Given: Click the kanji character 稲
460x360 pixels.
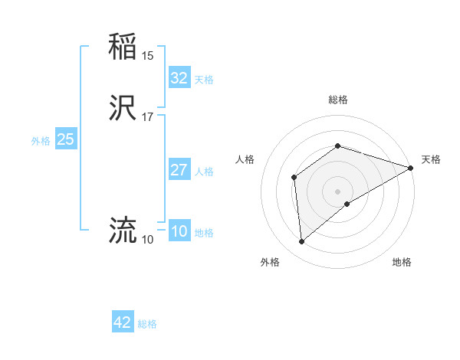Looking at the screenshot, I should (123, 46).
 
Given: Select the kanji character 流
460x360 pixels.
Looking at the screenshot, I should (123, 230).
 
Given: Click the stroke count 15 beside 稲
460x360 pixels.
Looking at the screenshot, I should (148, 55).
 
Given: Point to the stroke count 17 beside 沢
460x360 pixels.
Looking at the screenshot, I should (148, 117).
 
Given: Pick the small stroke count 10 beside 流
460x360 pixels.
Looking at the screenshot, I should (148, 240).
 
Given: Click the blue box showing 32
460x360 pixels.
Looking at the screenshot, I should (179, 78).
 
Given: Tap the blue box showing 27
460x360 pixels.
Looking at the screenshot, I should (179, 170).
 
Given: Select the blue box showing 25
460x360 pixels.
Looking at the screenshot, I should (65, 139).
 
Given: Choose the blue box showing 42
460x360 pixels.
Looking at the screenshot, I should (123, 322).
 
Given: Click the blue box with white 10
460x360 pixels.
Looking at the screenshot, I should (179, 232).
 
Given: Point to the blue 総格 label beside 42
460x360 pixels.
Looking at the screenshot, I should (147, 324).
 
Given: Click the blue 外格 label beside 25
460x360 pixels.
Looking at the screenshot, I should (41, 141).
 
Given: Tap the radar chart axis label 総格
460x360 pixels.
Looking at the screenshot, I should (337, 100).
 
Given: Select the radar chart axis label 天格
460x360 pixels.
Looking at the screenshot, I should (431, 159).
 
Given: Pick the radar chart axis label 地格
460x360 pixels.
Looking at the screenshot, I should (402, 262).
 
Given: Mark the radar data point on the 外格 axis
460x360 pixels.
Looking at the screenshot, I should (301, 242).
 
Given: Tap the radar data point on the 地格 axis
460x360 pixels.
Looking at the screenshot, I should (347, 204).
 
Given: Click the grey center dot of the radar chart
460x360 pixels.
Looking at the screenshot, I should (337, 191).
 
